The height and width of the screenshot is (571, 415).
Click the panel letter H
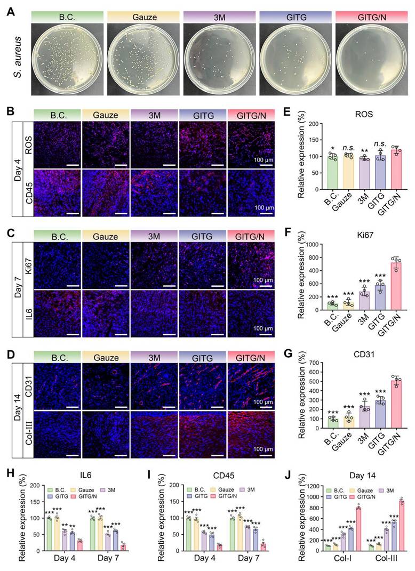click(x=10, y=477)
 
